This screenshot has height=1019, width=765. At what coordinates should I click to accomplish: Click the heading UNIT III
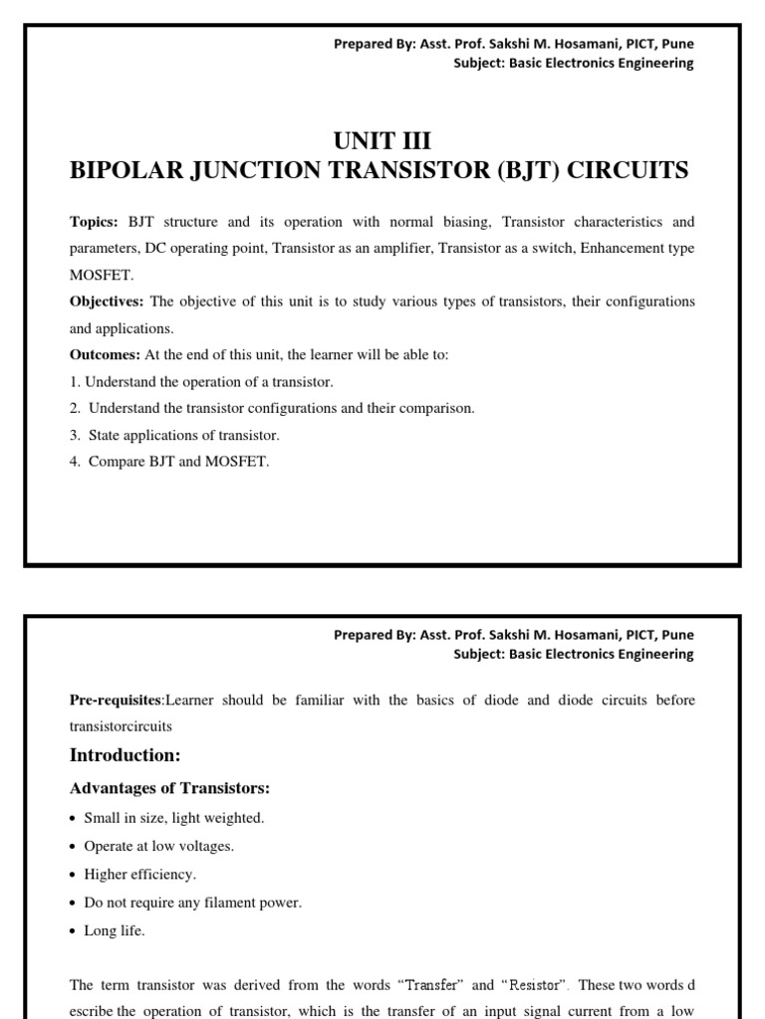tap(382, 140)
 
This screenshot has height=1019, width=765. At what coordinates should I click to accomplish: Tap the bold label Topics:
tap(94, 221)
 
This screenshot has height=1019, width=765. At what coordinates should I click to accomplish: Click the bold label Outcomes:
tap(105, 355)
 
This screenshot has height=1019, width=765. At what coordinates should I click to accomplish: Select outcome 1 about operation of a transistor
tap(201, 382)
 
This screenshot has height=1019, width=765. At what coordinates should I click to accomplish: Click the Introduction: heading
tap(125, 755)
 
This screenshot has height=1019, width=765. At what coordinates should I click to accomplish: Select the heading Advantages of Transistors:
tap(169, 789)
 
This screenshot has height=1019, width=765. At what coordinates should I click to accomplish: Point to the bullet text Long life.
tap(114, 930)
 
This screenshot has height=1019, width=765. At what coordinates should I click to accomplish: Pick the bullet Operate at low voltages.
tap(158, 846)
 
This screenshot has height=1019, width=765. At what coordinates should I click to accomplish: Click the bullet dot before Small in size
tap(74, 819)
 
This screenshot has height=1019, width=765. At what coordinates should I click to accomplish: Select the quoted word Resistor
tap(535, 985)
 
